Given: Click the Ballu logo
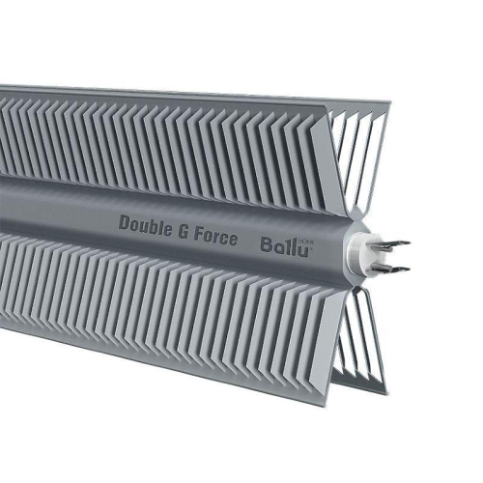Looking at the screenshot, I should pyautogui.click(x=286, y=246).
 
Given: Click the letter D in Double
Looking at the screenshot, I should pyautogui.click(x=124, y=222).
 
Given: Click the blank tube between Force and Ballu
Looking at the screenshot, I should pyautogui.click(x=248, y=241).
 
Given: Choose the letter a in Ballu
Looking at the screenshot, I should pyautogui.click(x=279, y=248).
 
